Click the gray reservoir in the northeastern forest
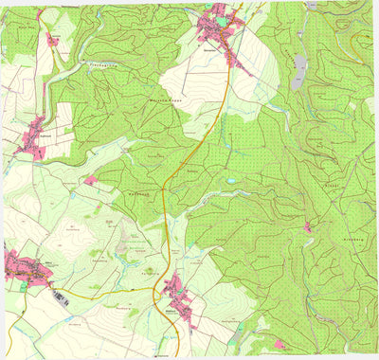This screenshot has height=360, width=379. (x=299, y=71)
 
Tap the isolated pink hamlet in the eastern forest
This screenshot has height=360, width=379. (x=308, y=226)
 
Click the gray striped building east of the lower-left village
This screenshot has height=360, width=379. (x=62, y=297)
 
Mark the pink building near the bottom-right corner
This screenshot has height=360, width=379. (x=279, y=344)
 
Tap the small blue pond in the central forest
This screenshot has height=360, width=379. (x=230, y=179)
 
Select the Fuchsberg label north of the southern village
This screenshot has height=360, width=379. (x=147, y=274)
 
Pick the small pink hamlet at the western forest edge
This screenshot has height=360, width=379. (x=91, y=180)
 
